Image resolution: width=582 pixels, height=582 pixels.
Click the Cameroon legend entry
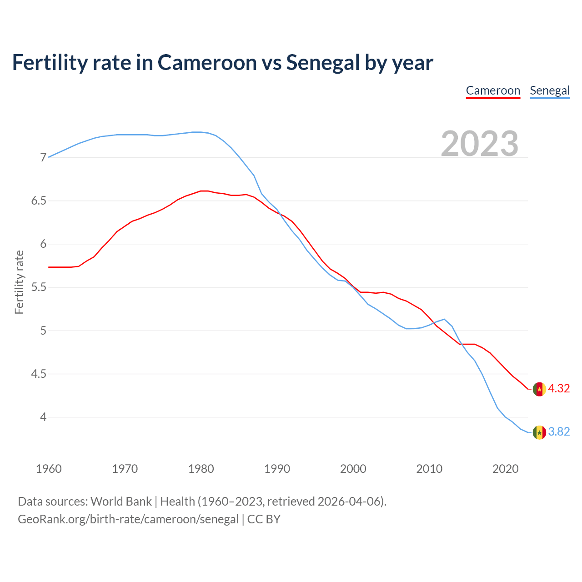click(x=493, y=90)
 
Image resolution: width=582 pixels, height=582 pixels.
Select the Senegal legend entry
click(x=550, y=90)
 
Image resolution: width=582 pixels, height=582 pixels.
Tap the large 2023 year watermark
click(x=480, y=144)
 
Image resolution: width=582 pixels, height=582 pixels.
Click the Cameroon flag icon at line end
click(x=539, y=389)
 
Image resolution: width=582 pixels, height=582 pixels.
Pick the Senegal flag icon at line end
click(x=539, y=432)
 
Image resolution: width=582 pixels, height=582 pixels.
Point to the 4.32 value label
click(x=559, y=389)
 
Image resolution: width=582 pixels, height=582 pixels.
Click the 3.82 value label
click(x=559, y=432)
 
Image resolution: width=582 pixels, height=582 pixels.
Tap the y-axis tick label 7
click(x=44, y=158)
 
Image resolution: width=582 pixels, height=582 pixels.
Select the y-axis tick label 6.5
click(x=39, y=201)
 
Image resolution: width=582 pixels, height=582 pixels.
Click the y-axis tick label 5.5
click(x=39, y=287)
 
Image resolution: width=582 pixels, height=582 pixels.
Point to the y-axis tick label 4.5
click(x=39, y=374)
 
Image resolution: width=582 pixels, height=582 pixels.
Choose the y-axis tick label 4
click(x=44, y=417)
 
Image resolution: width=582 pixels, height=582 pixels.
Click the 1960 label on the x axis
click(x=49, y=469)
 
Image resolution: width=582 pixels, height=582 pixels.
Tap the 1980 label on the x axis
click(x=201, y=469)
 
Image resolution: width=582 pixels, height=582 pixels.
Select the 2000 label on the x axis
click(x=353, y=469)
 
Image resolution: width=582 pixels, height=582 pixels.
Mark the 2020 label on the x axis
click(x=505, y=469)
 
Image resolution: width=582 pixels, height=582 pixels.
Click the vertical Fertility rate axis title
click(x=19, y=282)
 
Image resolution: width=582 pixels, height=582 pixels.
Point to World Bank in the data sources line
click(x=121, y=502)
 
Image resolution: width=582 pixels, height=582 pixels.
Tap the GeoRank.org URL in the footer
click(x=128, y=519)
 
